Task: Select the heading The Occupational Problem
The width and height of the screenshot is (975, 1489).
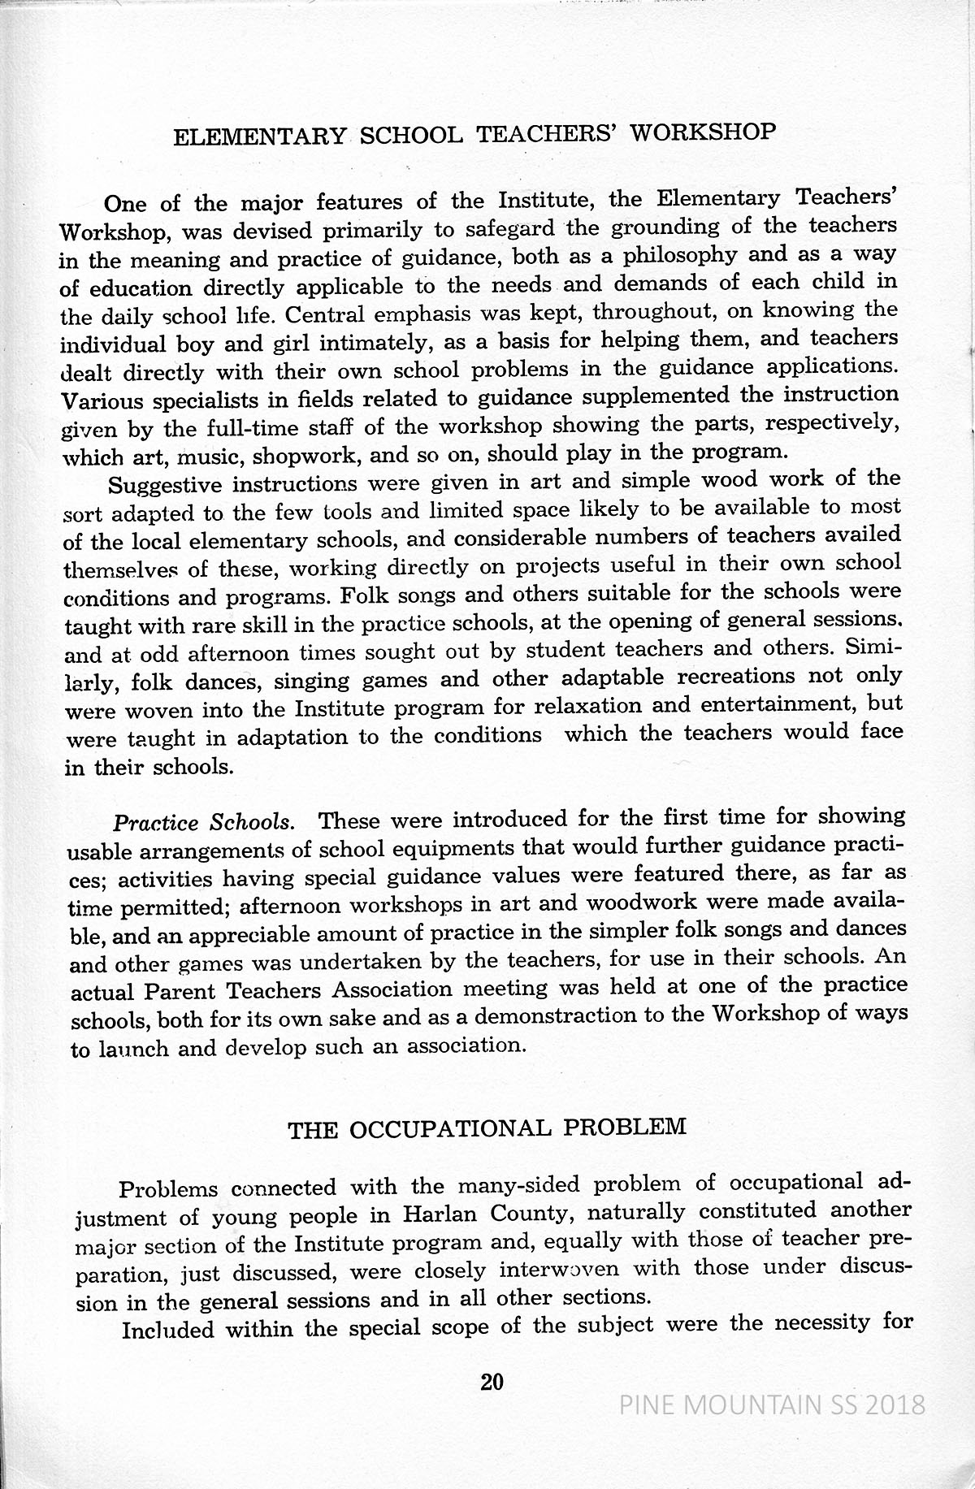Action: [x=487, y=1128]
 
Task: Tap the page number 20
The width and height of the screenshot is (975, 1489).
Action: [x=492, y=1382]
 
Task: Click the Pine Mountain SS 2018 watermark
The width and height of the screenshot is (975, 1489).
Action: [x=772, y=1404]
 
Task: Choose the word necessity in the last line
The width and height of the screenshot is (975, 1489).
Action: [x=824, y=1325]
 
